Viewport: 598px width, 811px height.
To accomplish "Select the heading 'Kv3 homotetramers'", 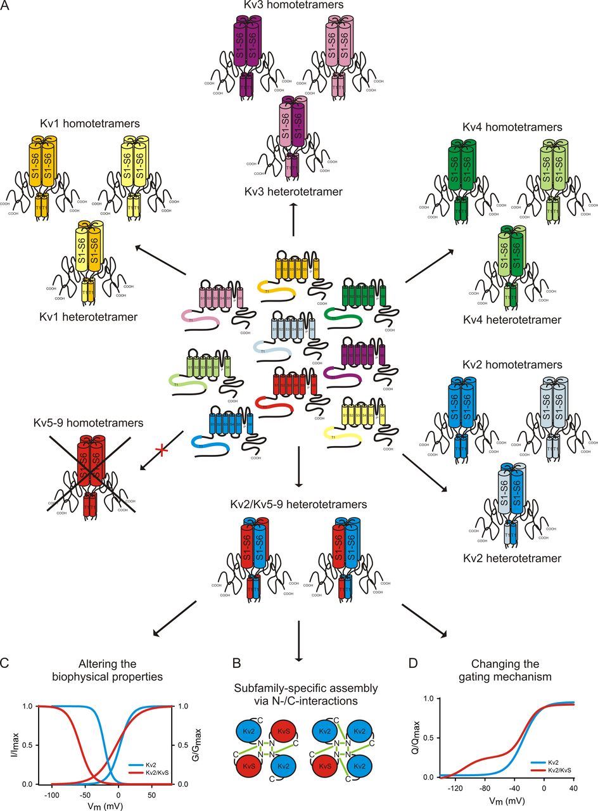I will point(293,6).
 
